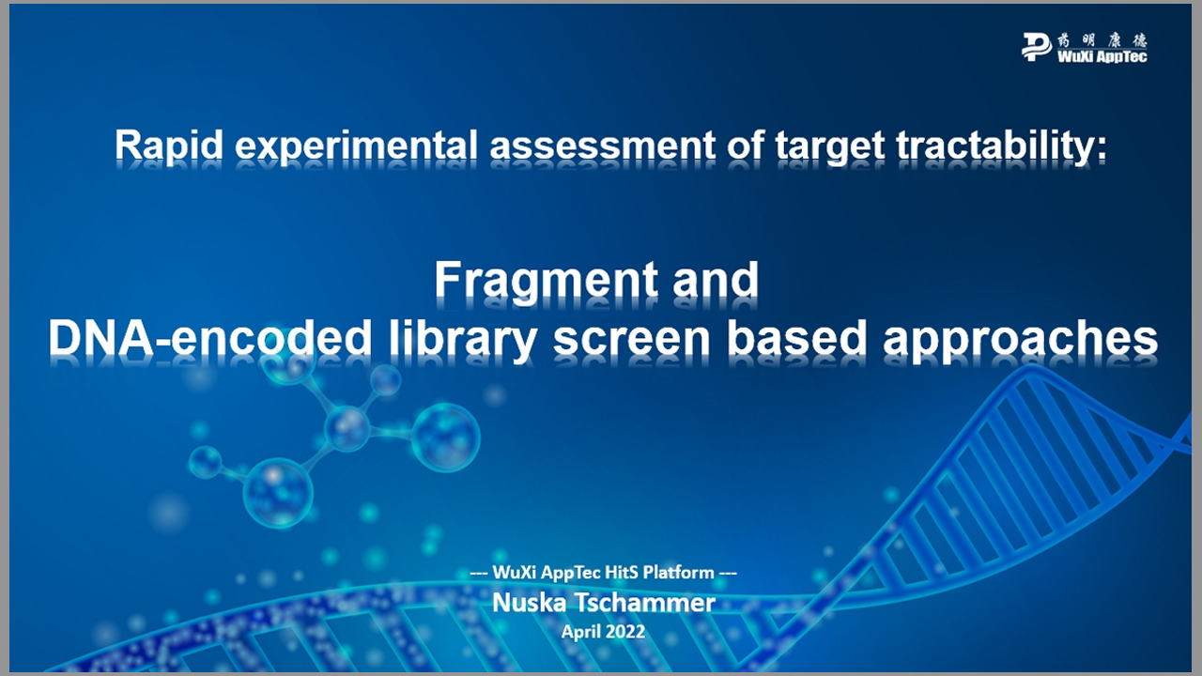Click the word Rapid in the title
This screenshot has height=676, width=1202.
coord(168,145)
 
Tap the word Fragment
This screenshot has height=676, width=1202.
coord(547,280)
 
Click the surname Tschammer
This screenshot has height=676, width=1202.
coord(645,603)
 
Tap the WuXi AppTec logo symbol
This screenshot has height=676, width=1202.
coord(1036,47)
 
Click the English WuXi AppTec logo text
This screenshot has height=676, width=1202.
coord(1102,56)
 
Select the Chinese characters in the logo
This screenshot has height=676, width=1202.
coord(1102,40)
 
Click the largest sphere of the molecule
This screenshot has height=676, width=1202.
coord(445,438)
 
